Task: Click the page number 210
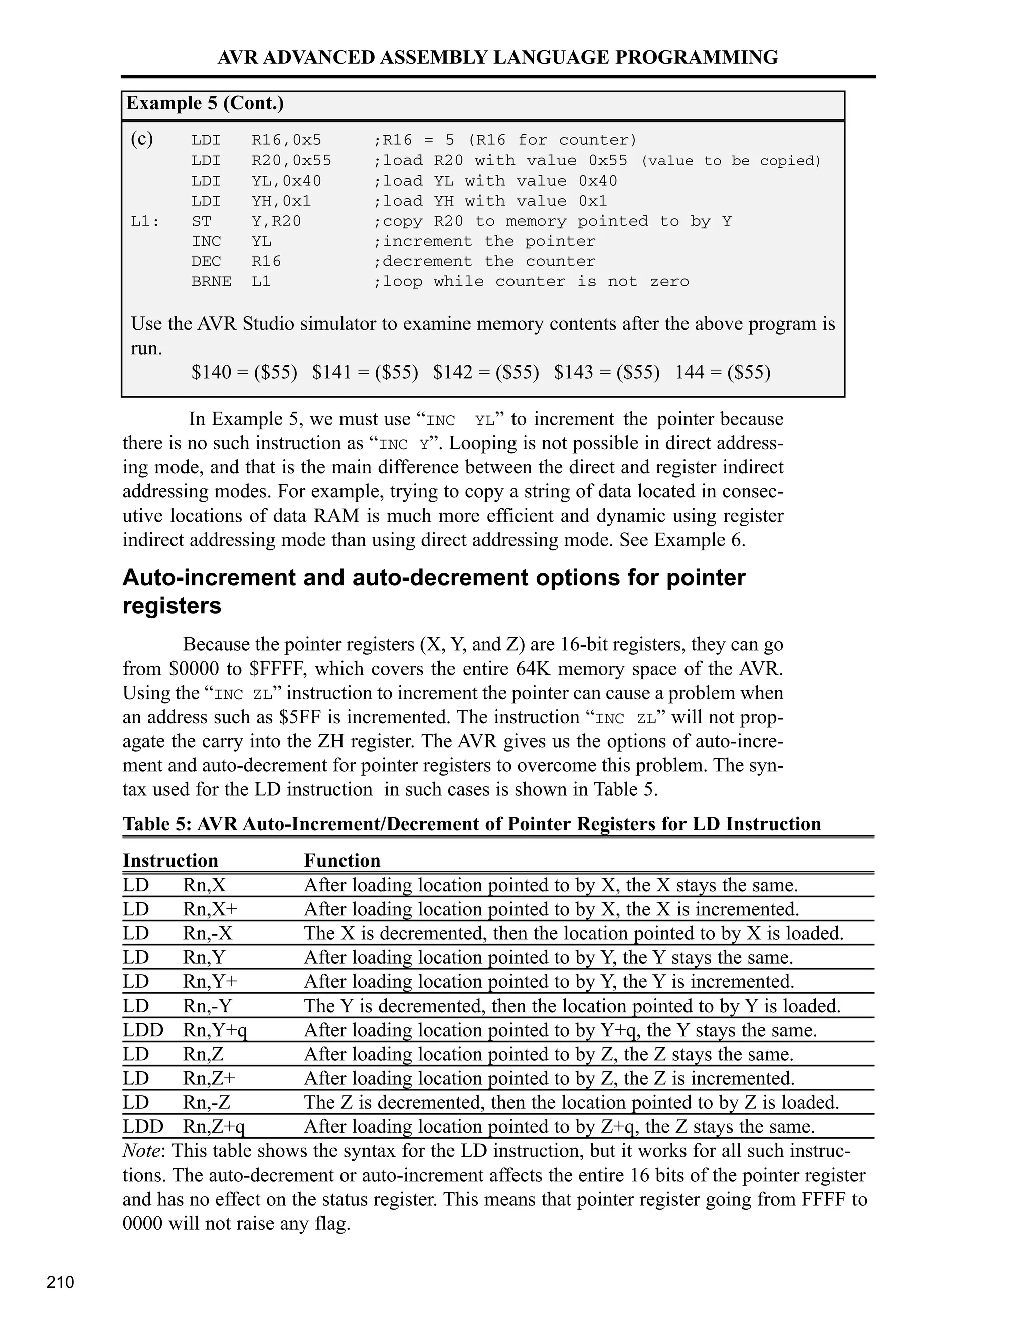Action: coord(60,1282)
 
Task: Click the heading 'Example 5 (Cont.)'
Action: coord(205,103)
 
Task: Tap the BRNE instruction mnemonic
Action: coord(211,282)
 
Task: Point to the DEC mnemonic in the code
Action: coord(206,262)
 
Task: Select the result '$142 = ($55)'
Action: coord(485,372)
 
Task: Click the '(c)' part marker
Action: coord(142,139)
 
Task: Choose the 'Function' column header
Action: coord(342,861)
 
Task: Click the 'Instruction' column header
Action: coord(170,861)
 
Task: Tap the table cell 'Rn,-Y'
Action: coord(208,1006)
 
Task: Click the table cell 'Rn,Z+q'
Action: coord(214,1126)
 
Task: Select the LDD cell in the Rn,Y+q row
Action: coord(143,1030)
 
